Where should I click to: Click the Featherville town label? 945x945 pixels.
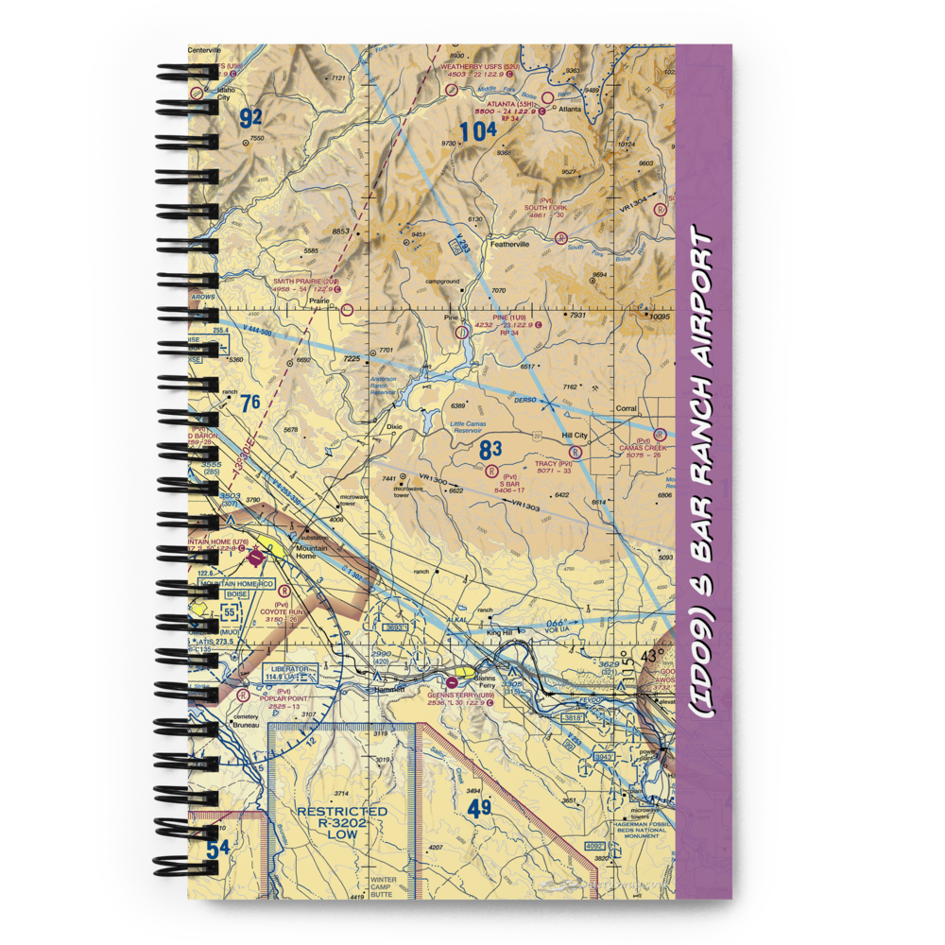pyautogui.click(x=508, y=244)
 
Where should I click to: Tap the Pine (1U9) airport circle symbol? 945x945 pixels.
pyautogui.click(x=461, y=332)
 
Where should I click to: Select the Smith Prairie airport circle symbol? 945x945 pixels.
pyautogui.click(x=347, y=309)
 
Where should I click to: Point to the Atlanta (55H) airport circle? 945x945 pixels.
pyautogui.click(x=547, y=95)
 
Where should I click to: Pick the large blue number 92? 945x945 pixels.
pyautogui.click(x=249, y=118)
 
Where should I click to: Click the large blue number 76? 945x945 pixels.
pyautogui.click(x=249, y=404)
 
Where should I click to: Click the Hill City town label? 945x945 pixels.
pyautogui.click(x=575, y=436)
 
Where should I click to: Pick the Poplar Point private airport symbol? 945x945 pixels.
pyautogui.click(x=243, y=695)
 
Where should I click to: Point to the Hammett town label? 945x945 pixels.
pyautogui.click(x=387, y=690)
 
